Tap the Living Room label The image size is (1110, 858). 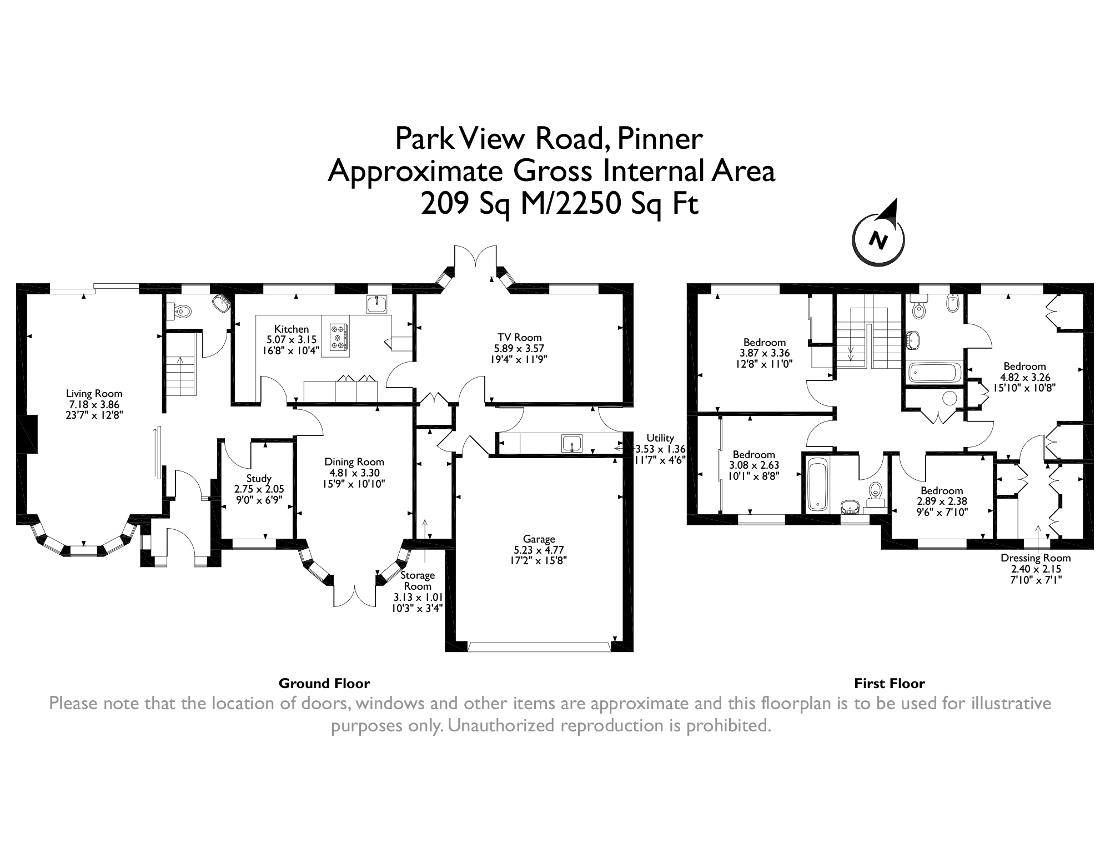pos(94,394)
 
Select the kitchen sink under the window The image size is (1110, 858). pos(377,304)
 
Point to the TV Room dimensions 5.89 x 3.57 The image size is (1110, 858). pos(519,349)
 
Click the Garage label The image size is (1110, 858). pos(539,539)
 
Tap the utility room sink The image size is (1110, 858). pos(571,443)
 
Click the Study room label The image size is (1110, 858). pos(259,478)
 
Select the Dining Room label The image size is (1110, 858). pos(354,461)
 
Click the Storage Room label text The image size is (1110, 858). pos(418,580)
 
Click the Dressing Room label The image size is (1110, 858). pos(1036,558)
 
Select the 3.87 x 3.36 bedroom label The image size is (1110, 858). pos(765,342)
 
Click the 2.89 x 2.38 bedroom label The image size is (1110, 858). pos(942,490)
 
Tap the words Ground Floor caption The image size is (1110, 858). pos(324,683)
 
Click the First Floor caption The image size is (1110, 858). pos(890,683)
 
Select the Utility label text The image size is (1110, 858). pos(660,438)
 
